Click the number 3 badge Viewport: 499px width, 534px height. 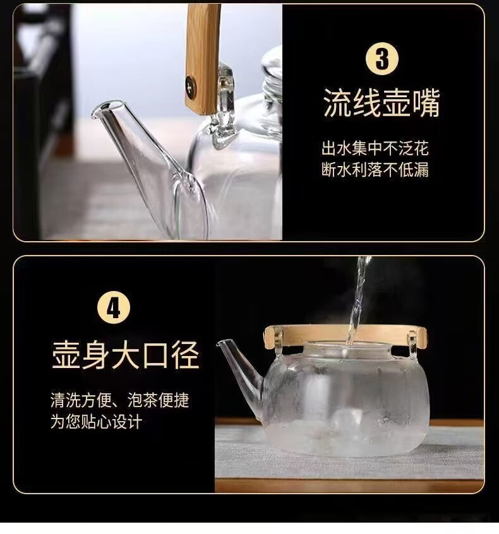pyautogui.click(x=382, y=59)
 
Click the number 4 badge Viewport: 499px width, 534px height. pyautogui.click(x=114, y=307)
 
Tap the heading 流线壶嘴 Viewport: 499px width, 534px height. pyautogui.click(x=382, y=102)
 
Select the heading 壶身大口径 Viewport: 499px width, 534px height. pyautogui.click(x=126, y=355)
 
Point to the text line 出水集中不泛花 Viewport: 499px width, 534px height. pyautogui.click(x=375, y=148)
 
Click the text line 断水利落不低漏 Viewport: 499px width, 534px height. pyautogui.click(x=375, y=169)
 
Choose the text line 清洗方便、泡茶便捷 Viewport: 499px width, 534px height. pyautogui.click(x=119, y=400)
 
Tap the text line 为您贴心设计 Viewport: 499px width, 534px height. pyautogui.click(x=97, y=422)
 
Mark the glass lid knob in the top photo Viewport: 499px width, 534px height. pyautogui.click(x=272, y=73)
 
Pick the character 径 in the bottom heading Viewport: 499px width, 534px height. pyautogui.click(x=185, y=355)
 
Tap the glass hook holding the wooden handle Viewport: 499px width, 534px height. pyautogui.click(x=224, y=105)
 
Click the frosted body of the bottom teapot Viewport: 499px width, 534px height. pyautogui.click(x=346, y=402)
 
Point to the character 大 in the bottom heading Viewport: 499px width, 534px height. pyautogui.click(x=126, y=355)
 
